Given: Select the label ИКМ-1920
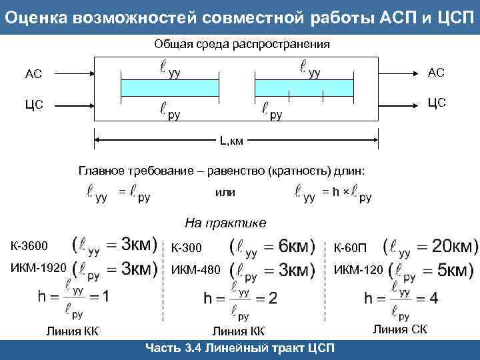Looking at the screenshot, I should point(38,268).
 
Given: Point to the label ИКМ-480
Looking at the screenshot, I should point(195,270).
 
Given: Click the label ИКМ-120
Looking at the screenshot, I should point(358,269).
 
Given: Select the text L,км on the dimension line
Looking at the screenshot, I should point(233,141).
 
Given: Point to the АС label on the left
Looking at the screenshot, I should point(33,73).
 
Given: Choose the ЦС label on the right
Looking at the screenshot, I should point(437,103).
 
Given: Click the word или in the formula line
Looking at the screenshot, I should point(225,192).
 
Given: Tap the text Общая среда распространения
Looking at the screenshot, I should point(242,45).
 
